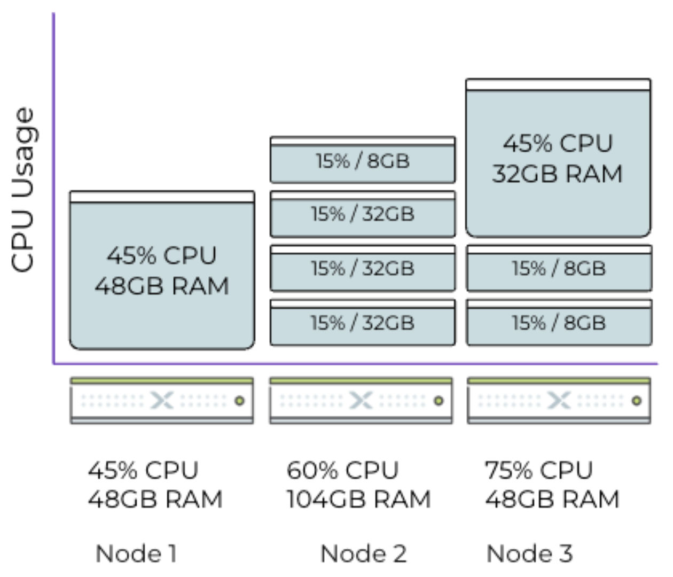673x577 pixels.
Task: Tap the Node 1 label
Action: point(136,553)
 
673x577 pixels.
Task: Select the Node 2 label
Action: point(363,553)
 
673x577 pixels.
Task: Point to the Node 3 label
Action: point(529,553)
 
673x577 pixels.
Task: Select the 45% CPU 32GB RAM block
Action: point(558,159)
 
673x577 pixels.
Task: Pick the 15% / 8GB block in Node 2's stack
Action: point(363,160)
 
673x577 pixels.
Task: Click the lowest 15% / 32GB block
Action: point(363,323)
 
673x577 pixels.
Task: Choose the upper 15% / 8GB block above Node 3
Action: point(559,268)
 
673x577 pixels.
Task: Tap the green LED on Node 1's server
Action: point(240,401)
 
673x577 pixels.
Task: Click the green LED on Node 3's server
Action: point(637,401)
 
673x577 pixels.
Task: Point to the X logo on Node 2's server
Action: point(361,401)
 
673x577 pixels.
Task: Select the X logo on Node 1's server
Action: point(162,401)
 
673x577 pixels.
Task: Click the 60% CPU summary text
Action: point(342,471)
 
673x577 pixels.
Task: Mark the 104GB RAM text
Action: point(358,500)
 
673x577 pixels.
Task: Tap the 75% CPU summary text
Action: point(539,471)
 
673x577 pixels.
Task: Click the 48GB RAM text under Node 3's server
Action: point(552,500)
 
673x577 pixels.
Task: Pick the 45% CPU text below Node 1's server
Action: point(143,471)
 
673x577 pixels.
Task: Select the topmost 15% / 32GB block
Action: point(363,214)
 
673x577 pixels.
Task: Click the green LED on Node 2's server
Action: point(439,401)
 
